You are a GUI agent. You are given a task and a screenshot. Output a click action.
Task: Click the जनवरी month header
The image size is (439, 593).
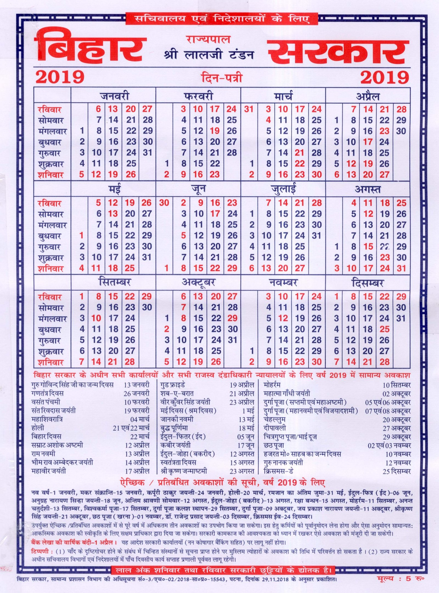pos(114,96)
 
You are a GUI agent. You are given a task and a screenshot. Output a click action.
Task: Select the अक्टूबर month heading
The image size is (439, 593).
pos(198,283)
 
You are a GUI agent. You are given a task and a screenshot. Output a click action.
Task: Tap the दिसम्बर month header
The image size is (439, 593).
pos(368,283)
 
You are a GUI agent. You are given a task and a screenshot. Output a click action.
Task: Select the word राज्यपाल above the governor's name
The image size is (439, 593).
pos(208,40)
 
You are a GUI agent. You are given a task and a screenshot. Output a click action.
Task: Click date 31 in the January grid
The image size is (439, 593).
pos(147,153)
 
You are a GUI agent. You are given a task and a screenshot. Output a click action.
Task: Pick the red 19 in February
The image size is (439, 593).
pos(215,131)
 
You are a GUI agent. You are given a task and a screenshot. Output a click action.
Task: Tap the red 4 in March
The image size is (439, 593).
pos(268,120)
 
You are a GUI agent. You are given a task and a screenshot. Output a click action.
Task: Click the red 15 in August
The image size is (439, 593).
pos(368,246)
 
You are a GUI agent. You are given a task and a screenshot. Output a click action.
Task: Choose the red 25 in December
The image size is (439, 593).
pos(385,329)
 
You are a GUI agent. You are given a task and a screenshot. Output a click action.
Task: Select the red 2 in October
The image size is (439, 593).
pos(167,329)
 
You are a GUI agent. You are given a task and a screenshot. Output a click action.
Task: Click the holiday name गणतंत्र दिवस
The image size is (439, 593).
pos(47,393)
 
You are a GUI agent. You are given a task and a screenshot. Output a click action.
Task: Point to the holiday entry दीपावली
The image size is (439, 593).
pos(275,428)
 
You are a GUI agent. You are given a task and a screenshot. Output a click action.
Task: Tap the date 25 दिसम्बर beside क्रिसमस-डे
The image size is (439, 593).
pos(396,471)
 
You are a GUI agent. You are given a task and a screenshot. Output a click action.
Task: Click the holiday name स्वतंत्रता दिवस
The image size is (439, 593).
pos(178,462)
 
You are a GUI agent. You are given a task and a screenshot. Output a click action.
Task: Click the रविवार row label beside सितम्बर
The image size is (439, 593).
pos(50,297)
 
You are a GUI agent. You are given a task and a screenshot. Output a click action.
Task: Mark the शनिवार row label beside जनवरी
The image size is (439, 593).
pos(51,175)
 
